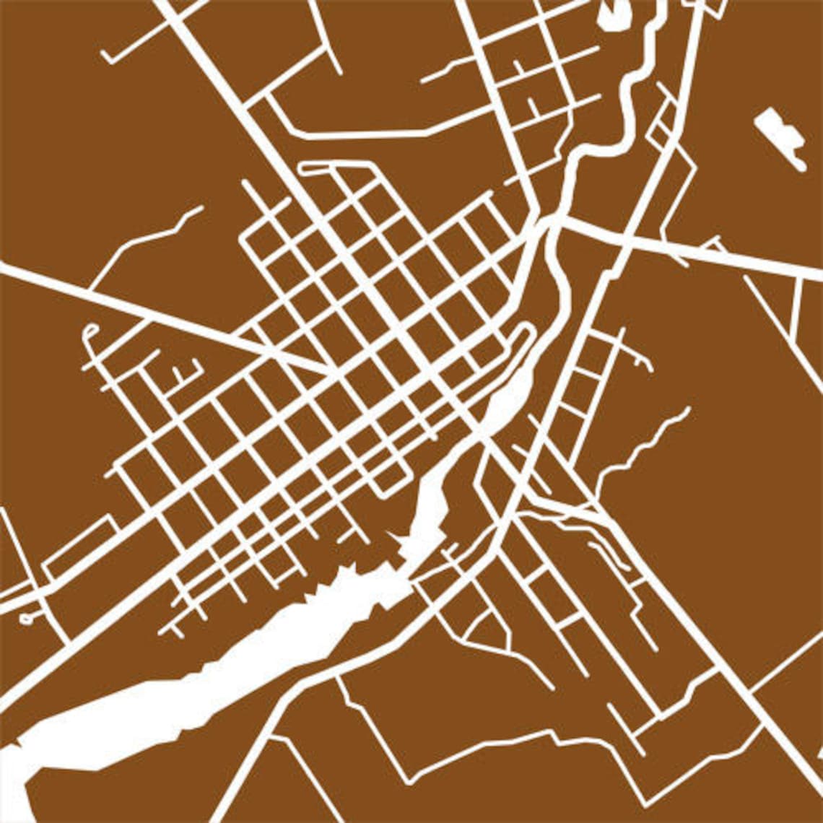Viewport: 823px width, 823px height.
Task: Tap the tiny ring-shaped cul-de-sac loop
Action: pyautogui.click(x=27, y=619)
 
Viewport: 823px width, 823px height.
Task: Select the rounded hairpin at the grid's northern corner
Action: pyautogui.click(x=303, y=169)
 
